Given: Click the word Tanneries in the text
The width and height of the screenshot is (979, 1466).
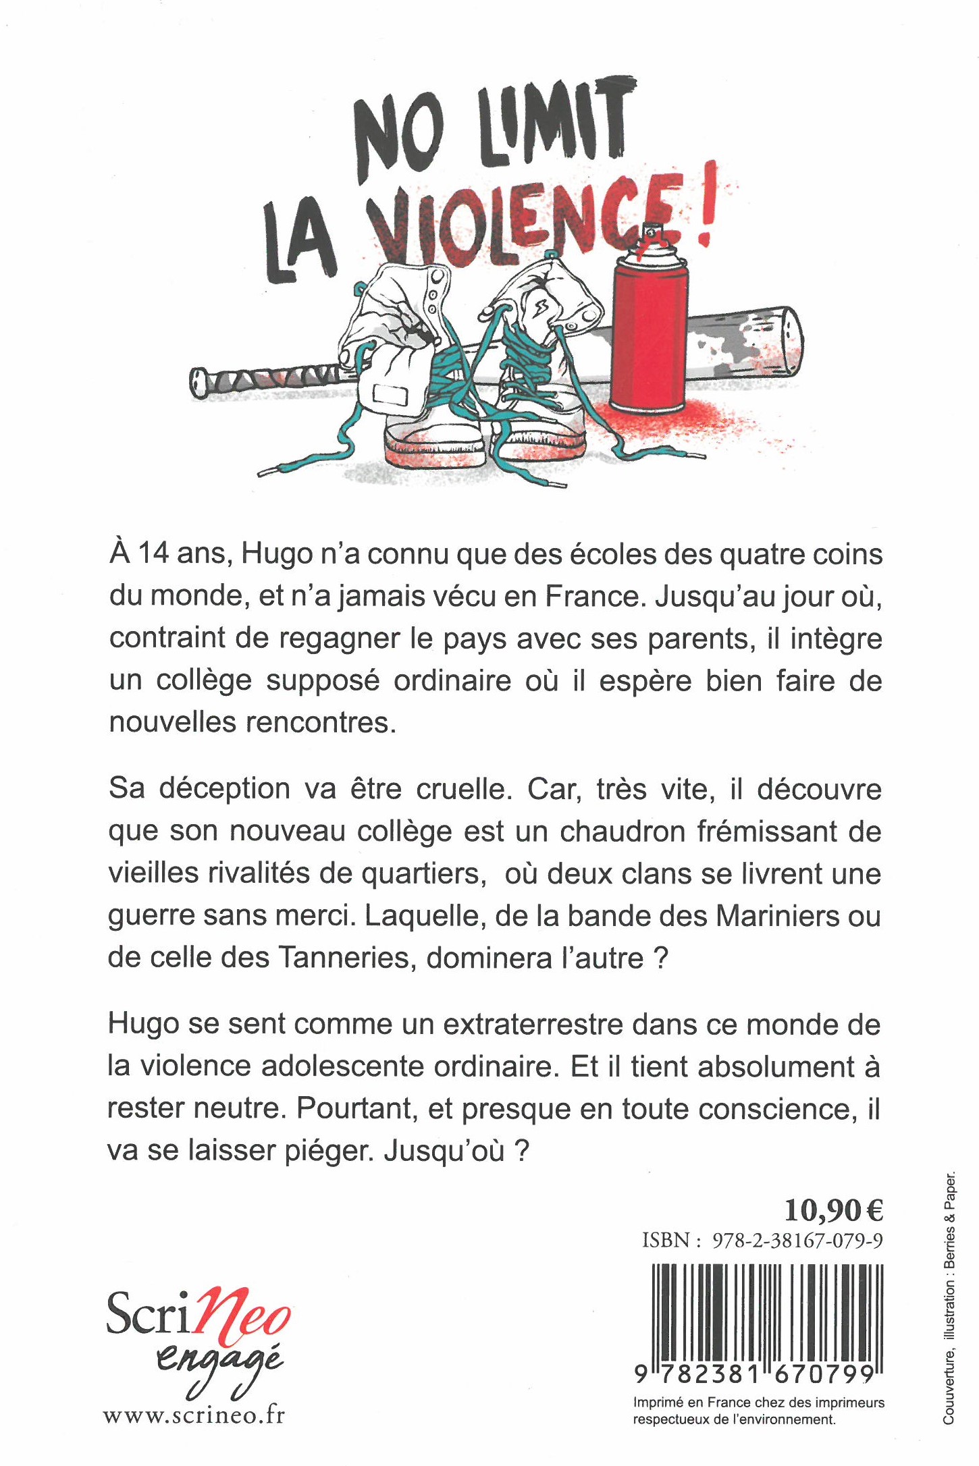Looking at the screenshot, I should pos(344,958).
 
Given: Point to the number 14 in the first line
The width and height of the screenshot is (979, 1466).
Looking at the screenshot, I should pos(155,553).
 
